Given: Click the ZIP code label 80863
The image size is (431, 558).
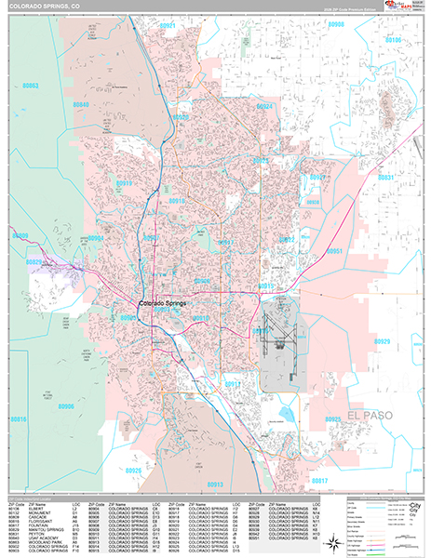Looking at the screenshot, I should [x=31, y=86].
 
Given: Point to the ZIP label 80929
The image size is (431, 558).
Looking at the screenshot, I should [x=383, y=342].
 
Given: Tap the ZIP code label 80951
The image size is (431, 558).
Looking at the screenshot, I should [x=337, y=252].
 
